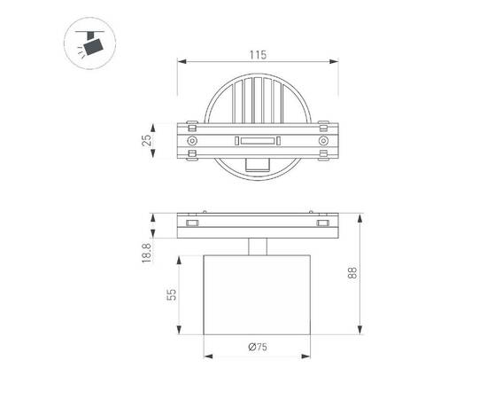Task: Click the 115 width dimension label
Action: pos(258,55)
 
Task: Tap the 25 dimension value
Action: pos(147,139)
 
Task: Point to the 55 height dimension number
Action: pos(175,295)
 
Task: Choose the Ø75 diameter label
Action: pos(258,348)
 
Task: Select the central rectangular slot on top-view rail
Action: pos(258,140)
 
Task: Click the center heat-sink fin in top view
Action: pos(258,98)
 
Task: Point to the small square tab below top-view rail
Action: pos(258,164)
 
